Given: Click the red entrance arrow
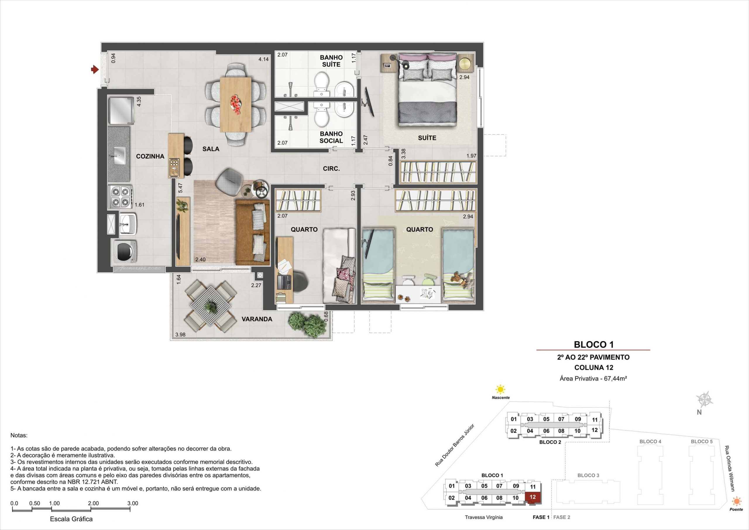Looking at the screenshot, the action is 95,69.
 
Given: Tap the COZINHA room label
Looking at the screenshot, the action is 150,156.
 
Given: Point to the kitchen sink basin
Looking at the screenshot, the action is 120,155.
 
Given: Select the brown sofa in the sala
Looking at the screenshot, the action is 253,232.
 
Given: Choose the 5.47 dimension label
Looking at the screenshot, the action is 181,188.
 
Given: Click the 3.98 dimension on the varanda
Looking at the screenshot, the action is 181,334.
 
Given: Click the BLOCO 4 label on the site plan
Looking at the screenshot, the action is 650,442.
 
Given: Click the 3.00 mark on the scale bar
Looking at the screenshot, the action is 133,503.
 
